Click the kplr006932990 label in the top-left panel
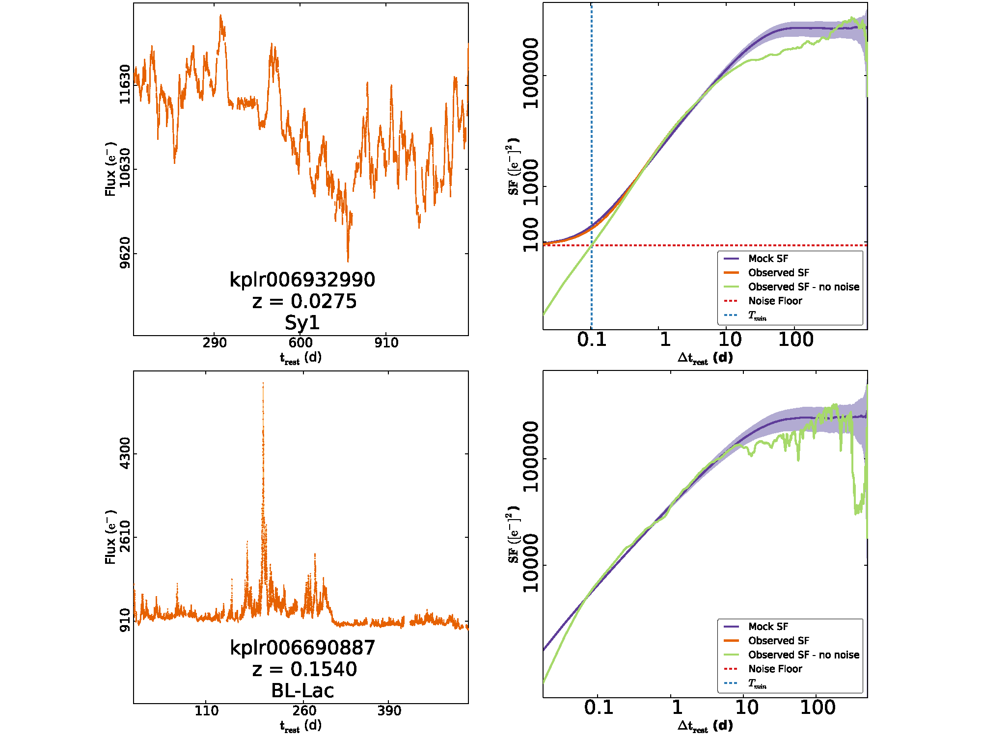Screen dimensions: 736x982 (302, 280)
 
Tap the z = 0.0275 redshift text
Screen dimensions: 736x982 (304, 301)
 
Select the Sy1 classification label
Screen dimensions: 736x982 (302, 323)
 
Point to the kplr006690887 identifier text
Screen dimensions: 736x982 (302, 648)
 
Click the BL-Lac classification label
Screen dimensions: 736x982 (302, 691)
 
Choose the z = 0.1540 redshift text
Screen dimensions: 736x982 (304, 669)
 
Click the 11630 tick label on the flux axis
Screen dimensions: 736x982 (125, 84)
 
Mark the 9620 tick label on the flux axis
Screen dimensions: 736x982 (125, 253)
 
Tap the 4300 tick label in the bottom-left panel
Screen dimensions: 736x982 (125, 453)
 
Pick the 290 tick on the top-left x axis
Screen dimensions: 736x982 (215, 342)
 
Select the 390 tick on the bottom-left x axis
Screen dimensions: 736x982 (389, 710)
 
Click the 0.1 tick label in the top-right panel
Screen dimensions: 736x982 (592, 340)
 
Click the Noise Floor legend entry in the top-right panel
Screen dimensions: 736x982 (775, 301)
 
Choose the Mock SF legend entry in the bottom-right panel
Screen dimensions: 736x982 (768, 627)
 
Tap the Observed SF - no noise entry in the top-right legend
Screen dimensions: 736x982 (803, 287)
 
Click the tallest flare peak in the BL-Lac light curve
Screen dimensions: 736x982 (263, 383)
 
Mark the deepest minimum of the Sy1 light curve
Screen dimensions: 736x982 (348, 261)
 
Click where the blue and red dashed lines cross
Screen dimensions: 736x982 (592, 245)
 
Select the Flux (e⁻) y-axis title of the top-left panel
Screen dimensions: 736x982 (110, 169)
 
